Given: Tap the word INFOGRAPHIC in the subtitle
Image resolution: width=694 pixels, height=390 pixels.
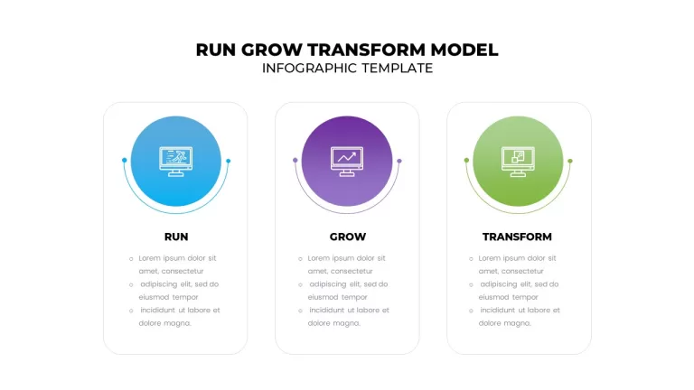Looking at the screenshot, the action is [309, 68].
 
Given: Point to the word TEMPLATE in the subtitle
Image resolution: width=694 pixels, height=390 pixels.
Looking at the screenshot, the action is [397, 68].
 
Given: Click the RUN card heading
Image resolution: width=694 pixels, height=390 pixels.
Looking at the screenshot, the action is [176, 237].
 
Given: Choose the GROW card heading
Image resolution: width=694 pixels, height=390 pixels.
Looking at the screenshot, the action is [347, 237].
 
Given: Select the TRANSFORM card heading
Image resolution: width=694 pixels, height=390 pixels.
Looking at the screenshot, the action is [517, 237].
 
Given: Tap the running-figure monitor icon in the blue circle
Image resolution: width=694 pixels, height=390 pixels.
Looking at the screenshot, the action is [175, 162].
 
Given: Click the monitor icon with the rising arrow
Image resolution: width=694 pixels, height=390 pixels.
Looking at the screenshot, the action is [347, 162].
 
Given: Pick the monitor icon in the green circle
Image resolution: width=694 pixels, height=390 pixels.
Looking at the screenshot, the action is [518, 162].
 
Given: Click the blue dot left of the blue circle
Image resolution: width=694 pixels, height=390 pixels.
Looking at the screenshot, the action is [125, 160].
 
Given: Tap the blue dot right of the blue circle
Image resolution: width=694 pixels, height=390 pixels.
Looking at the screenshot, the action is [229, 161].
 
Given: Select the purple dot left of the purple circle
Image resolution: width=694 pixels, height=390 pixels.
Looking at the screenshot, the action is [295, 160].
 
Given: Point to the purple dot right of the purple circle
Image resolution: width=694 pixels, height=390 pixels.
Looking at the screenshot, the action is [399, 161].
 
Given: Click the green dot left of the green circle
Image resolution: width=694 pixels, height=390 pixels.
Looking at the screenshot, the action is [466, 160].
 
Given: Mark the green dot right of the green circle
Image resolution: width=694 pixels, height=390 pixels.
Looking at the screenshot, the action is [570, 161].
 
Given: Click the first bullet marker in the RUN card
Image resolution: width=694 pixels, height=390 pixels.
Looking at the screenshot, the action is [131, 259].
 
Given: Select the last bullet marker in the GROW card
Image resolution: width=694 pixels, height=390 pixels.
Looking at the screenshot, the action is [300, 311].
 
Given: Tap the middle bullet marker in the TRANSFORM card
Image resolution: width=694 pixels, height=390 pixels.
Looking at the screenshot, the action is [471, 284].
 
